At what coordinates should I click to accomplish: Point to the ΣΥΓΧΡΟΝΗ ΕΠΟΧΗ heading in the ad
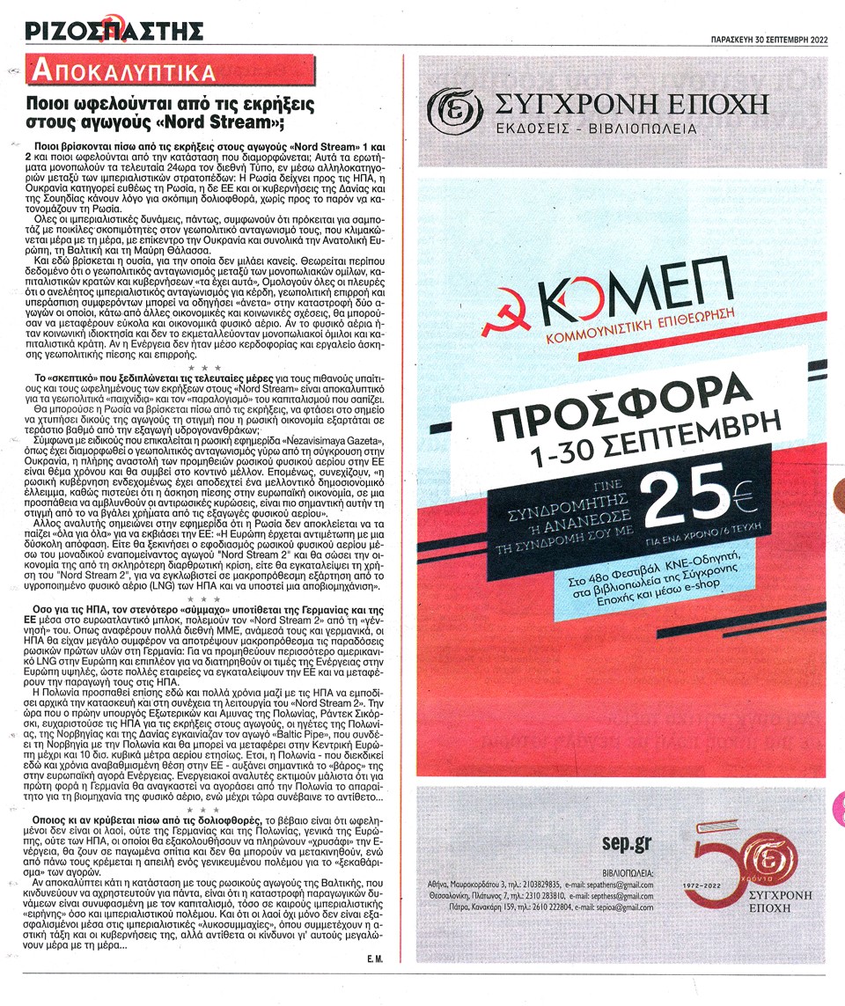click(630, 107)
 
